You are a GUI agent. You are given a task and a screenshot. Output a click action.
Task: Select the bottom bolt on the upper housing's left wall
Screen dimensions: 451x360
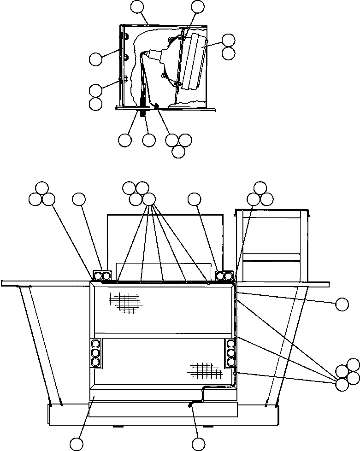pos(121,79)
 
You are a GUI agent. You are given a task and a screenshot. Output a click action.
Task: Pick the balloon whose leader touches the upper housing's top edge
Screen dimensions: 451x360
pos(137,6)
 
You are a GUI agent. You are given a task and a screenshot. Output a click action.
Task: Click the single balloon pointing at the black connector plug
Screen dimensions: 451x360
pos(149,140)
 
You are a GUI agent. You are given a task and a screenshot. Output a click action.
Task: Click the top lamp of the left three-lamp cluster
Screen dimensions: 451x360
pos(96,343)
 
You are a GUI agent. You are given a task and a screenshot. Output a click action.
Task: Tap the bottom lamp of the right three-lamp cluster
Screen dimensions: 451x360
pos(231,362)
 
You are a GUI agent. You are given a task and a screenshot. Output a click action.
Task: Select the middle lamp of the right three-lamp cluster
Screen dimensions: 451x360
pos(231,353)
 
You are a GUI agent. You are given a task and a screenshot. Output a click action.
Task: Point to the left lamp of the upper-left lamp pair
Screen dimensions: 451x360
pos(98,276)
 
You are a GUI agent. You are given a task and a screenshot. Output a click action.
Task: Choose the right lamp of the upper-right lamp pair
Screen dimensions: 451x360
pos(228,276)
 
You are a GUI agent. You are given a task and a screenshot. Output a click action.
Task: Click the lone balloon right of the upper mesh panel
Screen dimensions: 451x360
pos(342,304)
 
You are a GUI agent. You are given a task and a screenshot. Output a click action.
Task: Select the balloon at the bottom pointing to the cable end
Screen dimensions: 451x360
pos(198,443)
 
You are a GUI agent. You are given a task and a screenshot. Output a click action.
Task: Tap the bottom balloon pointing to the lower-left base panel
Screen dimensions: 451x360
pos(77,443)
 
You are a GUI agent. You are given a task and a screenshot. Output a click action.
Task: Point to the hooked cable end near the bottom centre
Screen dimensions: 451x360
pos(190,405)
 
